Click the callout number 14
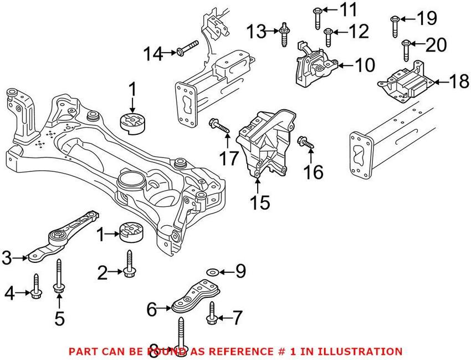[155, 54]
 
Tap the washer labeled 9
[212, 272]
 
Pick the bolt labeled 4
[35, 286]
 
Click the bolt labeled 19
[395, 25]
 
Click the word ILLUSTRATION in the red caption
[361, 351]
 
